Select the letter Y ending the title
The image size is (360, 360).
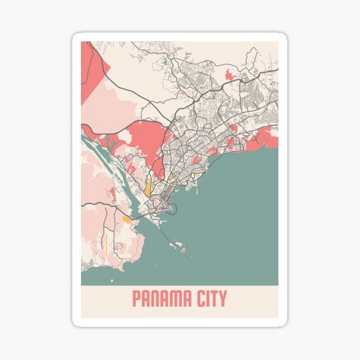pyautogui.click(x=222, y=298)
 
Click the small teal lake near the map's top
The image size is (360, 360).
pyautogui.click(x=165, y=63)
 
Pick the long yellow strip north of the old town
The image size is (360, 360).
pyautogui.click(x=148, y=186)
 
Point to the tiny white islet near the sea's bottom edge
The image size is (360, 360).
pyautogui.click(x=112, y=281)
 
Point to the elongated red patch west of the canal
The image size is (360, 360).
pyautogui.click(x=113, y=193)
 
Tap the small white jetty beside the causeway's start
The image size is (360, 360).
pyautogui.click(x=163, y=222)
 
